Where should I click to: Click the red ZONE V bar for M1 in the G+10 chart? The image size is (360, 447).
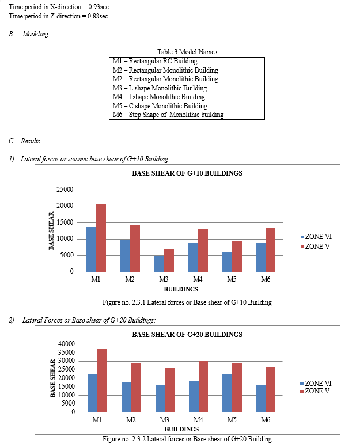tap(101, 237)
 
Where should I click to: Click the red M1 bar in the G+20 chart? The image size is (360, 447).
tap(101, 380)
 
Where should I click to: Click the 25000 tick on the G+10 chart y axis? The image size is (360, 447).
tap(65, 190)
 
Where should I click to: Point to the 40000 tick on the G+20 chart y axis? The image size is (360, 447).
tap(66, 344)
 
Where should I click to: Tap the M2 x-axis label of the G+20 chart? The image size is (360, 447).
tap(130, 420)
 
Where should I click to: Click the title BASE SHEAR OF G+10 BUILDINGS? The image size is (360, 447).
tap(187, 173)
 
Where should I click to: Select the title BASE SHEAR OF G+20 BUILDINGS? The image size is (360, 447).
tap(187, 334)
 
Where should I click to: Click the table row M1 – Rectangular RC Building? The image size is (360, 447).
tap(155, 61)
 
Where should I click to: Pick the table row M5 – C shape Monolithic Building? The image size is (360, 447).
tap(160, 106)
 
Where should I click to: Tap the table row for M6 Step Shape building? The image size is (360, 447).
tap(168, 115)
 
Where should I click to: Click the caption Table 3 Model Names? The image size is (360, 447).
tap(187, 52)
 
